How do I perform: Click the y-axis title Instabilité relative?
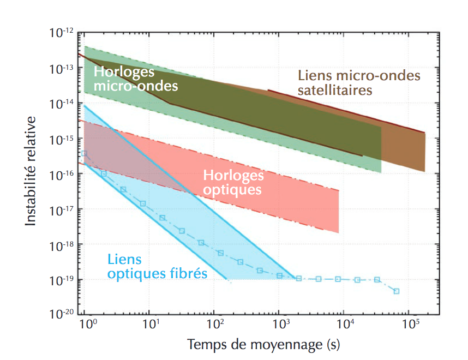click(31, 170)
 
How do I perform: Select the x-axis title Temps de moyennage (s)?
click(264, 345)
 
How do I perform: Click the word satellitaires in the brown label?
click(335, 89)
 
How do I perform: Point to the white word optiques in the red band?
click(232, 190)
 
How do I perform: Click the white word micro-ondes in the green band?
click(136, 86)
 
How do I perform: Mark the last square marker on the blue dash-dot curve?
click(397, 291)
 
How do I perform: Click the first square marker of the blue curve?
click(84, 154)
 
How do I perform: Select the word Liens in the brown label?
click(315, 75)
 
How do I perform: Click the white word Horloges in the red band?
click(233, 176)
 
